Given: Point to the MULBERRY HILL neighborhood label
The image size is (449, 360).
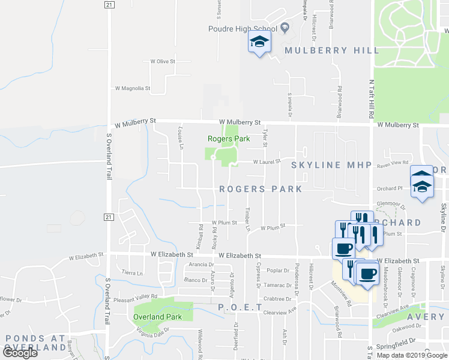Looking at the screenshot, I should (x=332, y=50).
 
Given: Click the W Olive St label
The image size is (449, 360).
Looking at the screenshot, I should (x=163, y=61).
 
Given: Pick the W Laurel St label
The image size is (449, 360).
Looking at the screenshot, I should (x=267, y=161).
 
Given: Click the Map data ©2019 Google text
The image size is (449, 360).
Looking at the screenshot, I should (x=412, y=355).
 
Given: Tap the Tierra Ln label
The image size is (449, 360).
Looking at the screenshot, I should (x=133, y=272).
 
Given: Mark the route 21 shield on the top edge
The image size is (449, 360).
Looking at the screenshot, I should (x=109, y=4).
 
